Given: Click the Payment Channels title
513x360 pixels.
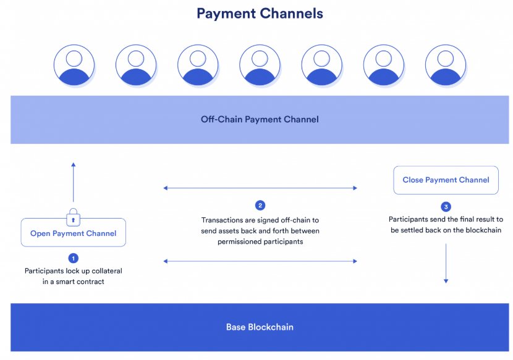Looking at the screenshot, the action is [x=260, y=14].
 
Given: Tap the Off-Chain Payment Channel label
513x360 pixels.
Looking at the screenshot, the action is [x=260, y=119].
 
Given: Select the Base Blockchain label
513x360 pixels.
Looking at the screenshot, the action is [x=260, y=327].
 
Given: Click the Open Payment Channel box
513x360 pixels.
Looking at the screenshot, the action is [x=74, y=233].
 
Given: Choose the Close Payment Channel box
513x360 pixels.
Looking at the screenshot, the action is [x=446, y=180].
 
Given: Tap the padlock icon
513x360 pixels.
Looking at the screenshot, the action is [x=74, y=217].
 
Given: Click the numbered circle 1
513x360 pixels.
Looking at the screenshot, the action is [x=74, y=258].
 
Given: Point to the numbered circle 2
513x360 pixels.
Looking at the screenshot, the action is [x=260, y=206].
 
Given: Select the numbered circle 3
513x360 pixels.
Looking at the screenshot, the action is [x=446, y=207].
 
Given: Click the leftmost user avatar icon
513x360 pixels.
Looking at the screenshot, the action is [x=74, y=65].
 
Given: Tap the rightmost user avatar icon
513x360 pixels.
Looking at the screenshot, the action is [x=446, y=65].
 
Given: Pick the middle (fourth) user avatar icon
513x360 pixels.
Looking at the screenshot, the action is [x=260, y=65].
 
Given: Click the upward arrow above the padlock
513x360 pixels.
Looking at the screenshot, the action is [x=74, y=182].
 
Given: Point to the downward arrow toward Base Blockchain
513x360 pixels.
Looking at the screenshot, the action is [x=446, y=263].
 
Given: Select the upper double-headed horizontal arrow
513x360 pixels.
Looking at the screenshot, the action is [x=260, y=188].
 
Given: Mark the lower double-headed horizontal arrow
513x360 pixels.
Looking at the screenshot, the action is [x=260, y=261].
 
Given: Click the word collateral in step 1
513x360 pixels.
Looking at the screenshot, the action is [x=107, y=270].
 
